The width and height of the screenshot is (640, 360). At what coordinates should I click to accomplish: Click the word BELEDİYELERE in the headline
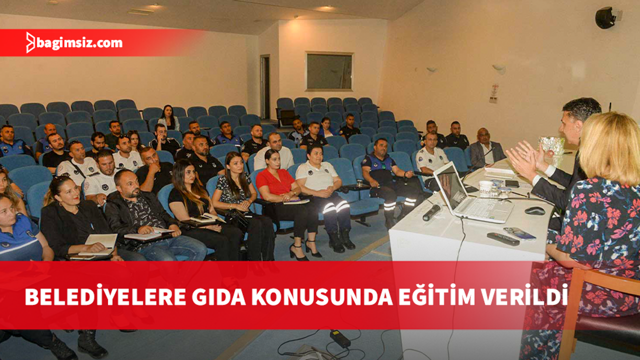(105, 297)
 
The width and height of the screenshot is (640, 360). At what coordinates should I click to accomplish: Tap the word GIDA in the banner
(218, 297)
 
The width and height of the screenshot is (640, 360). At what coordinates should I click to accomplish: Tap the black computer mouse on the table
(535, 211)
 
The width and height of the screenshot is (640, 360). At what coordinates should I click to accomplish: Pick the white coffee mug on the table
(485, 188)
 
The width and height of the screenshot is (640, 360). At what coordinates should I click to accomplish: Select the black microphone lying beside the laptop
(431, 212)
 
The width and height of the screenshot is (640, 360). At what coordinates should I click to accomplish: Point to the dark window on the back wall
(329, 71)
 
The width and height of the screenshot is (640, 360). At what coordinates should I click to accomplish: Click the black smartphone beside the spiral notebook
(512, 183)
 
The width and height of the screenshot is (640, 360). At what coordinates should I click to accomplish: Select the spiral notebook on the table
(499, 172)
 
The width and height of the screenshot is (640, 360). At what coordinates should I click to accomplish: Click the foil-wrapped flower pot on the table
(551, 145)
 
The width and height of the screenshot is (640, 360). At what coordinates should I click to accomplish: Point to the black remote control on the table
(503, 239)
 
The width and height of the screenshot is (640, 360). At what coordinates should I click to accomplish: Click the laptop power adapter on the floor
(340, 338)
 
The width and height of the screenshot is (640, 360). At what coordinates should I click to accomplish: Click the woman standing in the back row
(169, 117)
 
